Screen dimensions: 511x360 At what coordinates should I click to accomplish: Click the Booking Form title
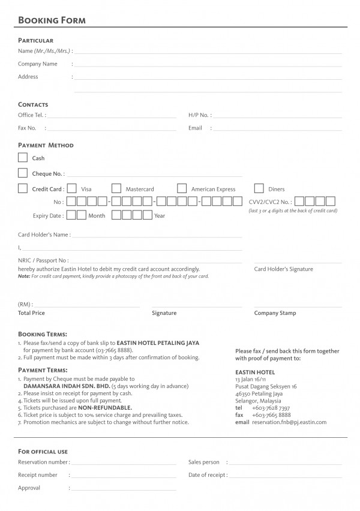pos(52,20)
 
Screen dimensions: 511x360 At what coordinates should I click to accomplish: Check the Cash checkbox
pos(23,158)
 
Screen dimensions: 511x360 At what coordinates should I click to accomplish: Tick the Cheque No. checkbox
pos(23,173)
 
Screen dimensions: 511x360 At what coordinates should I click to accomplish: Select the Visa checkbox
pos(71,189)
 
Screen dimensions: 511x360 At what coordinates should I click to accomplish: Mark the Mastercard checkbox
pos(116,189)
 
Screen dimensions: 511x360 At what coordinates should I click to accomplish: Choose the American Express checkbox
pos(182,189)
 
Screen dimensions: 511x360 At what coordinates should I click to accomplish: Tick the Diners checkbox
pos(259,189)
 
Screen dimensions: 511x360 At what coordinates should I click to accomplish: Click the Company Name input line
pos(208,65)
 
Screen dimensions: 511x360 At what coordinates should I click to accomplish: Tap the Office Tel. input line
pos(111,116)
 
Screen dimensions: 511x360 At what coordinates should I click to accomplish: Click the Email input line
pos(276,129)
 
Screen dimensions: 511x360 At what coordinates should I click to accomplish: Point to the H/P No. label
pos(199,115)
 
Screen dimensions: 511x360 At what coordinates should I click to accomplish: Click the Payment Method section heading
pos(46,145)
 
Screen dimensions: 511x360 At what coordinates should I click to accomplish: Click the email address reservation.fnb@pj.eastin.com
pos(289,422)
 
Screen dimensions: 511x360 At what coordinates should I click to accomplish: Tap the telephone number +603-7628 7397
pos(271,408)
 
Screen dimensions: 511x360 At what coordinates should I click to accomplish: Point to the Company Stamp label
pos(275,313)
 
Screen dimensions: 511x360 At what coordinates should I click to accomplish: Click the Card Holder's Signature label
pos(283,269)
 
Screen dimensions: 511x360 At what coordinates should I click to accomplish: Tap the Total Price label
pos(31,313)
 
